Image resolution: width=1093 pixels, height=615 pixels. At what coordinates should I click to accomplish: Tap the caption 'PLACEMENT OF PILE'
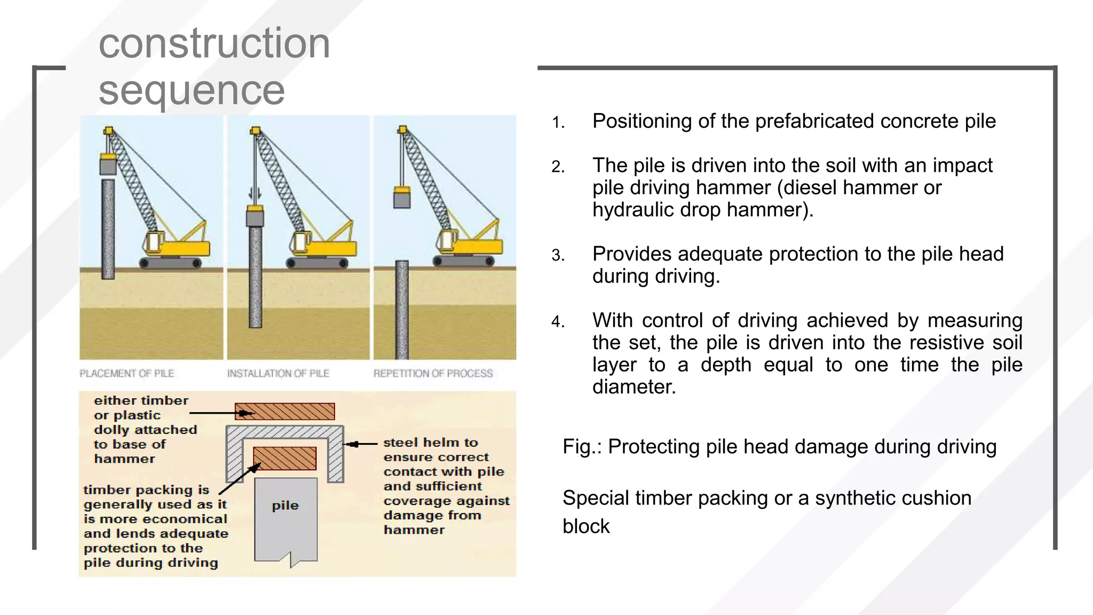pos(127,374)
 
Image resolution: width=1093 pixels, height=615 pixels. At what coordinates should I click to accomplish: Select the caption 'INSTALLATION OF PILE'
pos(278,374)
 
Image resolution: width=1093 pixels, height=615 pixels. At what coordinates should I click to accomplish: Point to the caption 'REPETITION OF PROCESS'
pos(433,374)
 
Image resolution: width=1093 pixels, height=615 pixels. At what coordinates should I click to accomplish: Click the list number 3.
pos(558,256)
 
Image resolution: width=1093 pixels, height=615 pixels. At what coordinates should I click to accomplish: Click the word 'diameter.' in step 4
pos(634,387)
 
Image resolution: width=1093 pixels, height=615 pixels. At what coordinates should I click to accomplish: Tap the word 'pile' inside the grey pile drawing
pos(285,506)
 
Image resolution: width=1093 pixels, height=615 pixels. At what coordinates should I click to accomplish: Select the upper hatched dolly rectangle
pos(285,412)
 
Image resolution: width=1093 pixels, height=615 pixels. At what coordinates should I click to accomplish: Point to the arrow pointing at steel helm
pos(360,444)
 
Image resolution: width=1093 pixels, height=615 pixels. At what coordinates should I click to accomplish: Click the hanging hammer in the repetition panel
pos(402,198)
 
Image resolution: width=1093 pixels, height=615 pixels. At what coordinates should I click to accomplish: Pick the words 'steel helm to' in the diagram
pos(430,443)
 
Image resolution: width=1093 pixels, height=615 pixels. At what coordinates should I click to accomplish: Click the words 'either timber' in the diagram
pos(141,401)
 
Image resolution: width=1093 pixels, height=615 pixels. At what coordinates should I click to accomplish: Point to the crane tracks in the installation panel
pos(317,263)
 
